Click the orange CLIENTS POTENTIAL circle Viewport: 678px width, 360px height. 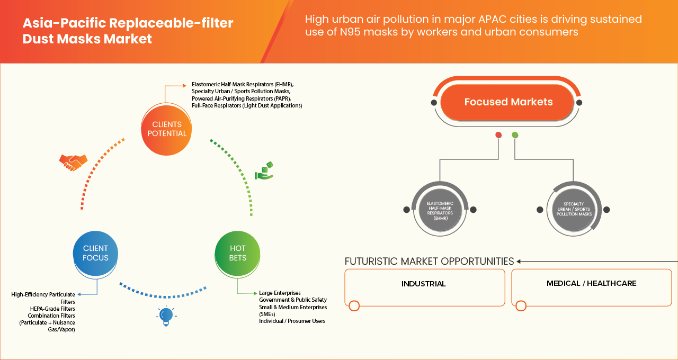pos(167,129)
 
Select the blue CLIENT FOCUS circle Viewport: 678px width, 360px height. pos(95,253)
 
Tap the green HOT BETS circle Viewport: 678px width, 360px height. pos(238,253)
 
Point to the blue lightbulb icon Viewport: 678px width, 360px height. pos(166,316)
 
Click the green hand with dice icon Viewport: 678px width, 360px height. pos(264,172)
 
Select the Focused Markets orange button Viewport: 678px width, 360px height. pos(508,102)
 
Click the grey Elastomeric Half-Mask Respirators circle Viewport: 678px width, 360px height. pos(440,210)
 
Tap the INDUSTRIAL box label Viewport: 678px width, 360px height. pos(423,284)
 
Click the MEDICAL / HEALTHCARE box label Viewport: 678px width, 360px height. pos(591,283)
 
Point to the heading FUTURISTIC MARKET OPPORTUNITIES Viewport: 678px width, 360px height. pos(429,262)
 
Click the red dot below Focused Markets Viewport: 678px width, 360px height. pos(498,135)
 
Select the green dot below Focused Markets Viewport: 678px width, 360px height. pos(515,135)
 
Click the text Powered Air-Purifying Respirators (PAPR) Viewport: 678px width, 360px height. pos(241,98)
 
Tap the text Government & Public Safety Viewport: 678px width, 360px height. pos(293,300)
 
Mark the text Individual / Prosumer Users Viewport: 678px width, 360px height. pos(292,321)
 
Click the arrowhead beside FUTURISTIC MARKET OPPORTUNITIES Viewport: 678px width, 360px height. pos(519,262)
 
